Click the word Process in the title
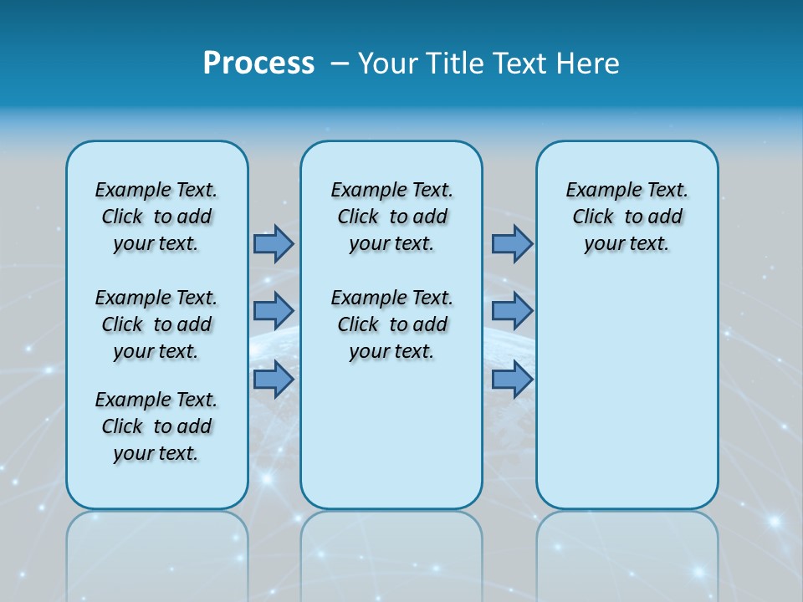point(258,63)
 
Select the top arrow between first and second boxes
point(274,243)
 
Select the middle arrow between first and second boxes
point(274,310)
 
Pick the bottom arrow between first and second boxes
point(274,380)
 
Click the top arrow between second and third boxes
point(512,243)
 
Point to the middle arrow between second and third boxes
point(512,310)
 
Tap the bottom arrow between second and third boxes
point(512,380)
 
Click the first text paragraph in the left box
point(156,217)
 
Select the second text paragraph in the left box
point(156,324)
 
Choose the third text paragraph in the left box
point(156,426)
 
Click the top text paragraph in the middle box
point(391,217)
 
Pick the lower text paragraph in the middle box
point(391,324)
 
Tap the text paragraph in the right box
point(627,217)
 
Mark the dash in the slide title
point(340,64)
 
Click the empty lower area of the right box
point(627,393)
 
